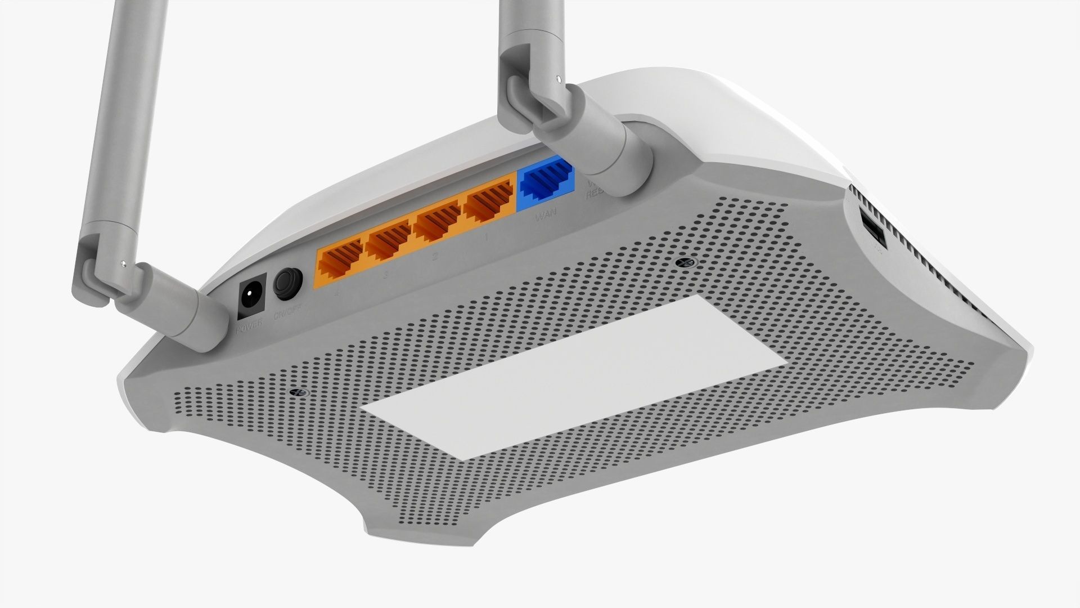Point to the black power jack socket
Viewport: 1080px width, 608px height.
click(251, 297)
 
